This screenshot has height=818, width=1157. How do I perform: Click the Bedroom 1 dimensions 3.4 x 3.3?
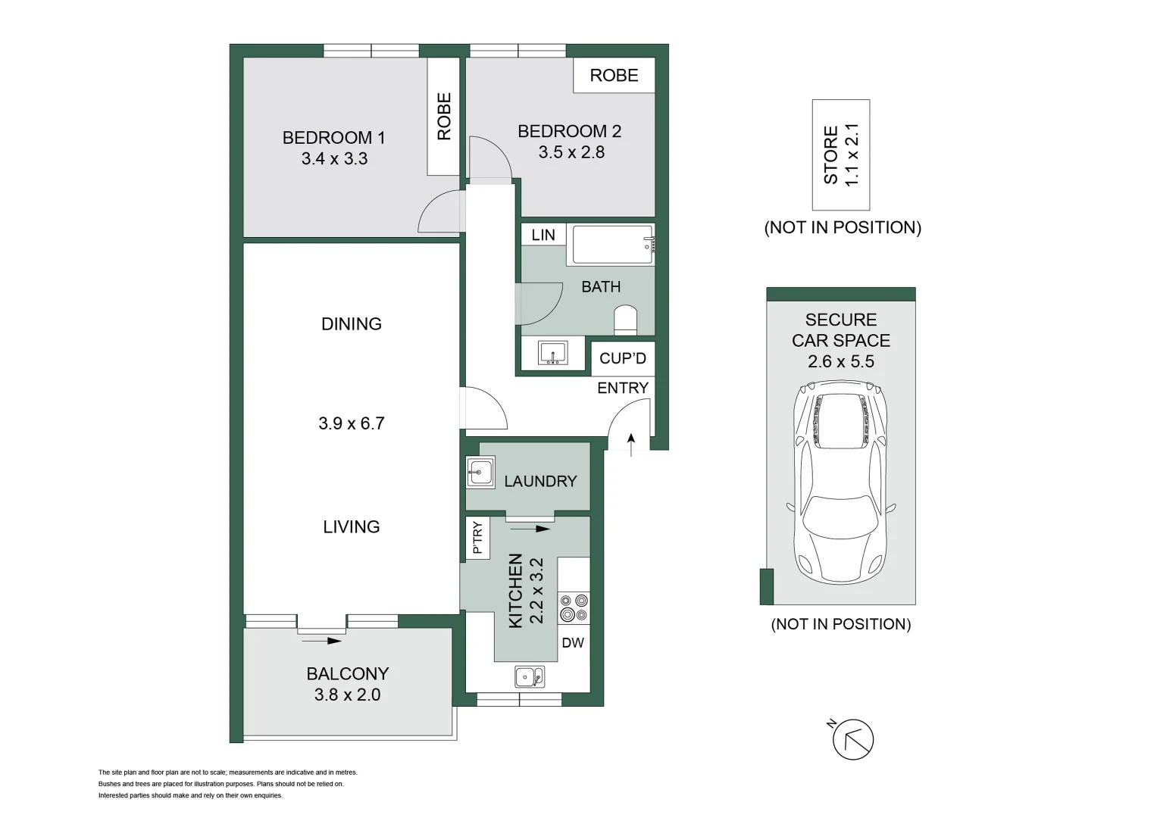pyautogui.click(x=334, y=159)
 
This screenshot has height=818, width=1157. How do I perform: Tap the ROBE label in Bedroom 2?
pyautogui.click(x=614, y=76)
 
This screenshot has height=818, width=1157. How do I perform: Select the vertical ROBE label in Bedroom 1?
pyautogui.click(x=444, y=117)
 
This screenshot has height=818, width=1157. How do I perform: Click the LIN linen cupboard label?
pyautogui.click(x=543, y=235)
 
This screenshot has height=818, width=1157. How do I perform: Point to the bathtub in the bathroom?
pyautogui.click(x=612, y=245)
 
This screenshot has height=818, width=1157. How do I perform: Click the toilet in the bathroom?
pyautogui.click(x=626, y=320)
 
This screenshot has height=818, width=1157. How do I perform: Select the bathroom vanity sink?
pyautogui.click(x=553, y=353)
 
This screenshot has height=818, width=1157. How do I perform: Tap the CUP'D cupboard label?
pyautogui.click(x=623, y=358)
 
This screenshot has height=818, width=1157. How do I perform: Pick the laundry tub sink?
pyautogui.click(x=480, y=473)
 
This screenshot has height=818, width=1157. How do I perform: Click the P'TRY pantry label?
pyautogui.click(x=477, y=538)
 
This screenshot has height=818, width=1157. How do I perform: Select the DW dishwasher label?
pyautogui.click(x=573, y=643)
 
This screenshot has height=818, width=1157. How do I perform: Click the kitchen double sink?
pyautogui.click(x=529, y=676)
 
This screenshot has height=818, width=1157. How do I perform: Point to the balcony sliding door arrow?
pyautogui.click(x=322, y=641)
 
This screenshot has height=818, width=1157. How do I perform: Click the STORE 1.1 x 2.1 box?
pyautogui.click(x=841, y=155)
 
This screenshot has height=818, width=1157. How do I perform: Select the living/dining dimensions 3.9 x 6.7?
pyautogui.click(x=352, y=423)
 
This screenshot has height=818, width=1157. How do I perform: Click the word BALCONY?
pyautogui.click(x=348, y=673)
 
